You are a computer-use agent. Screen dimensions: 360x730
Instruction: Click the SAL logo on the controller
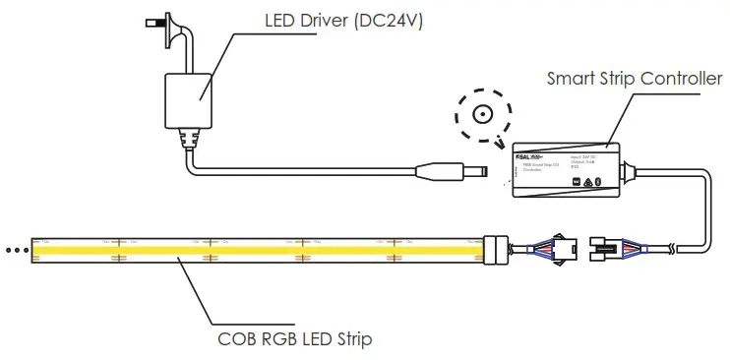tap(528, 157)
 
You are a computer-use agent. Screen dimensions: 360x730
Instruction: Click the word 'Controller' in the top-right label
tap(685, 76)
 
